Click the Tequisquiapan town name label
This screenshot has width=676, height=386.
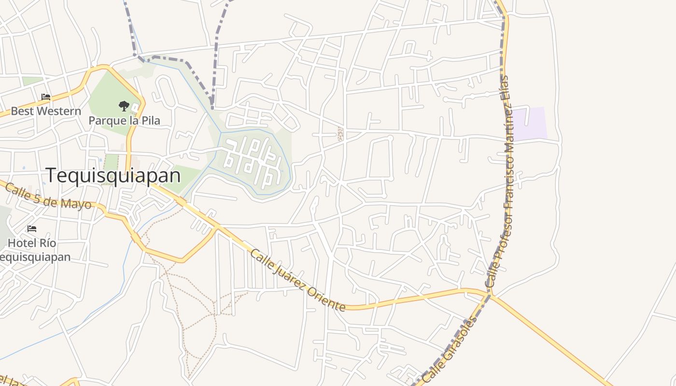[113, 175]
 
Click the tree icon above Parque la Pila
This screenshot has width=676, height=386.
[124, 106]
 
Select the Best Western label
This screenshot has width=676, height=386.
[46, 111]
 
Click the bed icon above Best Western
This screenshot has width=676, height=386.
[46, 97]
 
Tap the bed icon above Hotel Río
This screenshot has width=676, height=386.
[32, 228]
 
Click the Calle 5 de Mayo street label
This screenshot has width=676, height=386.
[48, 195]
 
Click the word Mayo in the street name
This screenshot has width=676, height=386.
[77, 203]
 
